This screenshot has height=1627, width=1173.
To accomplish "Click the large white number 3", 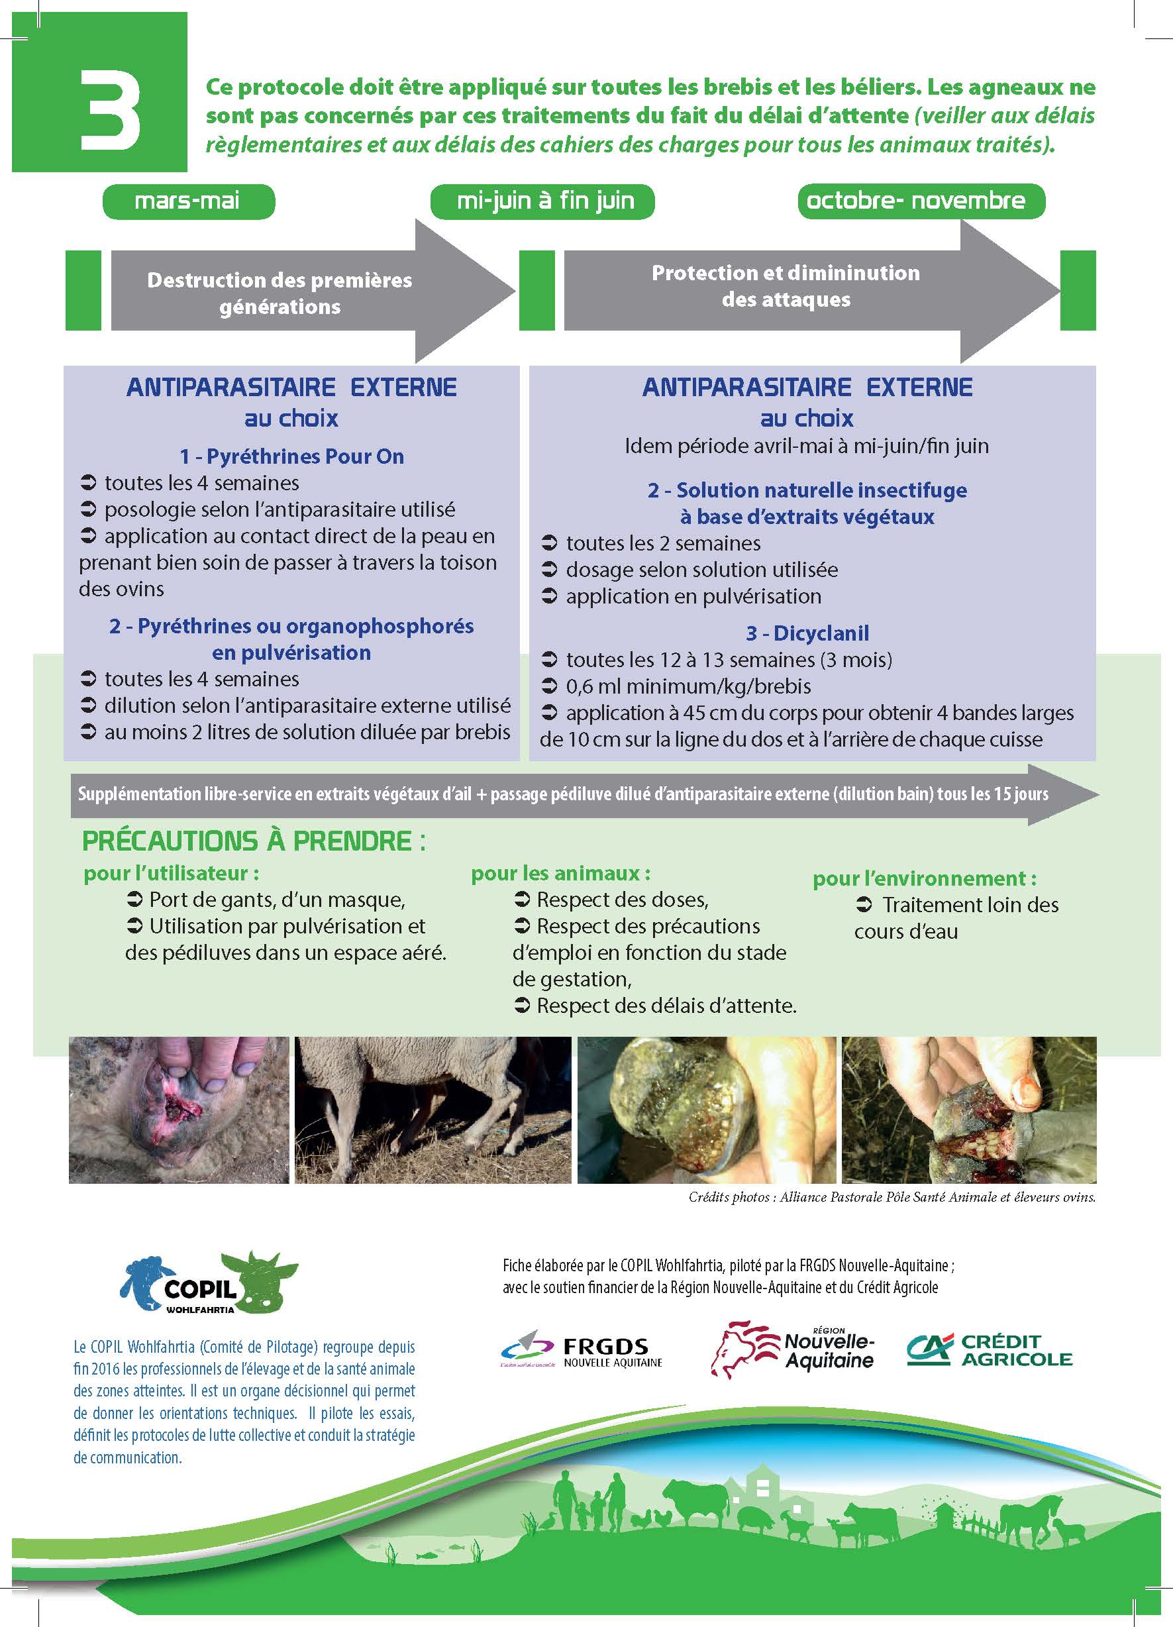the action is [109, 110].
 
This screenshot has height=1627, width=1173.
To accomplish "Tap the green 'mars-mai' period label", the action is [189, 201].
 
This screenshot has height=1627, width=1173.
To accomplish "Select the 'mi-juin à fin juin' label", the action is [542, 201].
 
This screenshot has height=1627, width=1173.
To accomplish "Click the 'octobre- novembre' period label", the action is [921, 201].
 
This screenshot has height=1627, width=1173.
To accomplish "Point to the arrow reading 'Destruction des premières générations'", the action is [313, 291].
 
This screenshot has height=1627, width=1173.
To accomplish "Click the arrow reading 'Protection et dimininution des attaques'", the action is [812, 291].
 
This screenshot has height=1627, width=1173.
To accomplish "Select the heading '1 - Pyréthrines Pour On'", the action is [291, 456].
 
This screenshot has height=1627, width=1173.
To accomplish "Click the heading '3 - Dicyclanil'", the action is [807, 633].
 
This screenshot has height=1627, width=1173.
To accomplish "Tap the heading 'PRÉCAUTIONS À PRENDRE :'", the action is [254, 841].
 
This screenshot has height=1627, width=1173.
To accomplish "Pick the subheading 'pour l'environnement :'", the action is [924, 878].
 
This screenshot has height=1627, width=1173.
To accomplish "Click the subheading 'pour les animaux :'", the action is [560, 873].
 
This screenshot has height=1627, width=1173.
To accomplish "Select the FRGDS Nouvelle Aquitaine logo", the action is [581, 1351].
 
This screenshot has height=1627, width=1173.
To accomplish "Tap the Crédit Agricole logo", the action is [990, 1350].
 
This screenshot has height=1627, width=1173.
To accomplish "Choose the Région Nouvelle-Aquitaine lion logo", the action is [793, 1349].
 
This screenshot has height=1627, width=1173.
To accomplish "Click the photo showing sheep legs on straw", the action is [433, 1110].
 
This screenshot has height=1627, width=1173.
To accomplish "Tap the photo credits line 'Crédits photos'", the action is [892, 1197].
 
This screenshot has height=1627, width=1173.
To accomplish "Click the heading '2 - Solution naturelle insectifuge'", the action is [807, 490].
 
